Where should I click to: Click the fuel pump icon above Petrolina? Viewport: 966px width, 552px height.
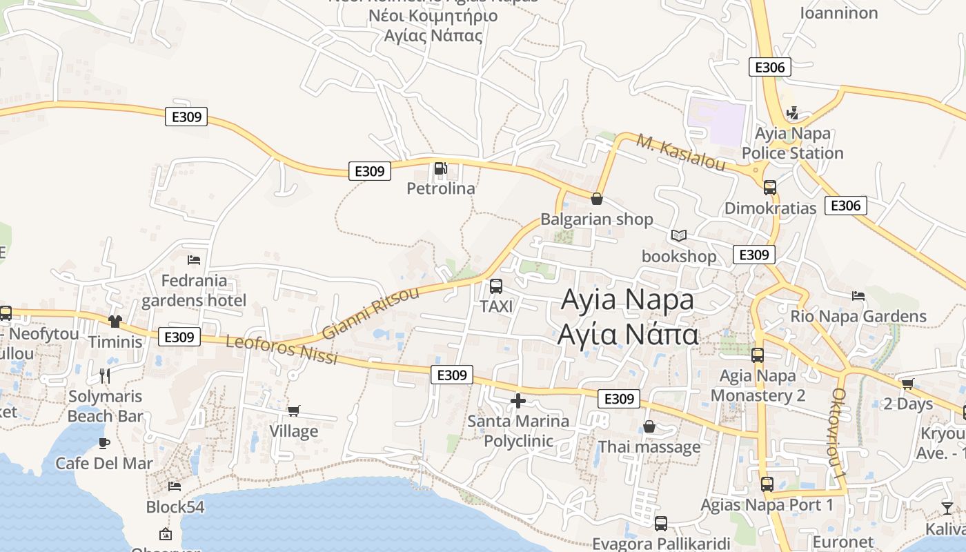(x=440, y=168)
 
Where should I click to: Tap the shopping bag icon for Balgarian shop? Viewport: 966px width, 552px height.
(x=597, y=199)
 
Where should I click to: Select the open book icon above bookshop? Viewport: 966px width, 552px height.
(x=679, y=236)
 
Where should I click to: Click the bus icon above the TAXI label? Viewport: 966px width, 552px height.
(x=495, y=286)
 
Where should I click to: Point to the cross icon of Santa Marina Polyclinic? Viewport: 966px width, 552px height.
(x=518, y=401)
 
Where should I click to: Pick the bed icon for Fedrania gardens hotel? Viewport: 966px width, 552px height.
(x=194, y=260)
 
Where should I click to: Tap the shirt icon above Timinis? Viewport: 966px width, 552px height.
(x=115, y=322)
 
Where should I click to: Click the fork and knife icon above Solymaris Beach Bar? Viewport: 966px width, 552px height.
(x=105, y=375)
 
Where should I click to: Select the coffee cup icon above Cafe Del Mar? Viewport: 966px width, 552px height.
(x=103, y=442)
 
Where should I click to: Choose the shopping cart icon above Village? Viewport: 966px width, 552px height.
(x=294, y=411)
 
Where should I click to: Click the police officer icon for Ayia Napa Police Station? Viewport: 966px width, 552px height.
(x=793, y=113)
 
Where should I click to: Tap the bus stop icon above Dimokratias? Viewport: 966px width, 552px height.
(x=769, y=188)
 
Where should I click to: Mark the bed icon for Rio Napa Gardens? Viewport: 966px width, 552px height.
(x=858, y=296)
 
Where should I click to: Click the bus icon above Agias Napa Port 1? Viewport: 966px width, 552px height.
(x=767, y=484)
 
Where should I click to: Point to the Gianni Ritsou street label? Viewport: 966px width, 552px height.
(x=371, y=313)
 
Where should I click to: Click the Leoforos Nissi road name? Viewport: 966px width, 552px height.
(x=282, y=349)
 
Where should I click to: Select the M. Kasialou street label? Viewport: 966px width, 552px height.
(x=680, y=153)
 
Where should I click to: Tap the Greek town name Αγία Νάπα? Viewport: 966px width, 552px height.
(x=628, y=334)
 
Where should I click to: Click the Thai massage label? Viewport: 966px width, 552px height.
(x=649, y=447)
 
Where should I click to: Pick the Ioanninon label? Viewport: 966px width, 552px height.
(x=838, y=12)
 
